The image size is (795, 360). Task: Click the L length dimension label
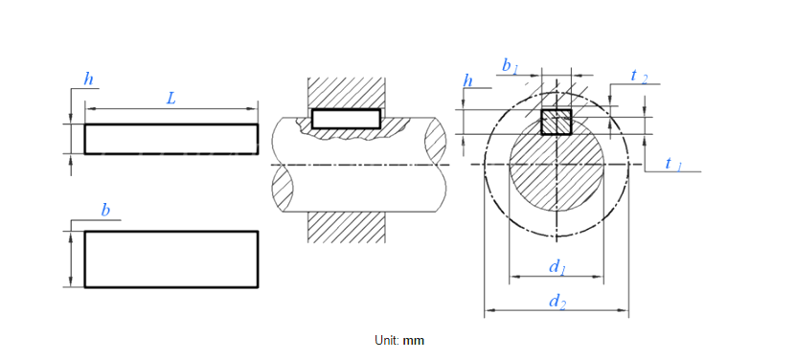[171, 99]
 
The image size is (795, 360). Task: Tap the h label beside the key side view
[88, 79]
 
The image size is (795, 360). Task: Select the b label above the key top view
[105, 210]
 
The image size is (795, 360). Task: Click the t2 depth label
[639, 76]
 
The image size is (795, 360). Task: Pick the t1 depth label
[673, 164]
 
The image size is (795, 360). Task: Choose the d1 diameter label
[557, 266]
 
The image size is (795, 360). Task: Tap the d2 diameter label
[557, 302]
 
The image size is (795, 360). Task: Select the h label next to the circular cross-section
[468, 80]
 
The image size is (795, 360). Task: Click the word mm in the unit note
[413, 340]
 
